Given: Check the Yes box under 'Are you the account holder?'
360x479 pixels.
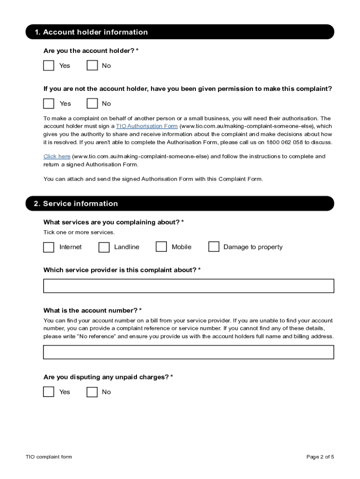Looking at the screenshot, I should click(x=49, y=65).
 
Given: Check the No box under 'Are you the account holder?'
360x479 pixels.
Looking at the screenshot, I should click(x=92, y=65).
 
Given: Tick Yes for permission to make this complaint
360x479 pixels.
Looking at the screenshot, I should click(x=49, y=103).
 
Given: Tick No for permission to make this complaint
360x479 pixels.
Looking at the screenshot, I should click(x=92, y=103).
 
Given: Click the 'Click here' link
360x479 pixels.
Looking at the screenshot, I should click(x=57, y=157).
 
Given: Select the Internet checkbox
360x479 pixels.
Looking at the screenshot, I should click(x=49, y=247).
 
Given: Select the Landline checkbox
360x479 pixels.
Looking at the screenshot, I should click(x=104, y=247).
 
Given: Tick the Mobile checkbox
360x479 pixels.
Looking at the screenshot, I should click(x=161, y=247).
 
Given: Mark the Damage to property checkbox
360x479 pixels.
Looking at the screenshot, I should click(x=214, y=247).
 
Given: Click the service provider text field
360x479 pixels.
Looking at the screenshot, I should click(x=188, y=286).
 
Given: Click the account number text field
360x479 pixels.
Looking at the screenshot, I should click(x=188, y=352).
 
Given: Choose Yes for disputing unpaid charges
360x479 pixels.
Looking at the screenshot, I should click(x=49, y=392).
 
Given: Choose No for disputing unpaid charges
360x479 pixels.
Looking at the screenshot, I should click(x=92, y=392).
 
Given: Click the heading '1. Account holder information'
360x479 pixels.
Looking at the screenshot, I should click(x=91, y=32).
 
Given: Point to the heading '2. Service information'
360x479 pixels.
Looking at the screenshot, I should click(x=76, y=203).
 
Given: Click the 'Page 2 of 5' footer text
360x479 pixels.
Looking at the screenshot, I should click(x=320, y=457).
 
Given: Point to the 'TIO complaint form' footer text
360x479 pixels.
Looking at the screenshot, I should click(x=49, y=457).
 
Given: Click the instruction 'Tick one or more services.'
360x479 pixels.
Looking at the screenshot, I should click(x=79, y=232).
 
